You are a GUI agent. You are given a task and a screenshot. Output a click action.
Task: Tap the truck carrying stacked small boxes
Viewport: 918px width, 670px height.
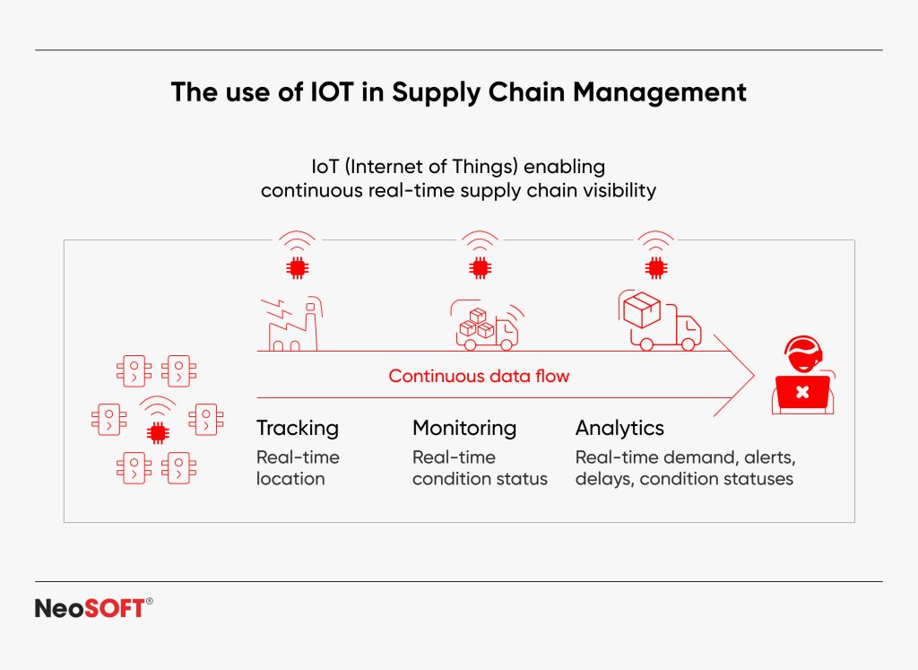pos(485,327)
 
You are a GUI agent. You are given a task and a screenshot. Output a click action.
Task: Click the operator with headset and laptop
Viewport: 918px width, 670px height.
pos(801,376)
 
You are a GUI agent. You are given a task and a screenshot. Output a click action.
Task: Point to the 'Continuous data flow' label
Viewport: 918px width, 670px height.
pos(478,376)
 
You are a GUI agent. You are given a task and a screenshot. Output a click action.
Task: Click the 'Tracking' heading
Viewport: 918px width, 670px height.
pos(298,428)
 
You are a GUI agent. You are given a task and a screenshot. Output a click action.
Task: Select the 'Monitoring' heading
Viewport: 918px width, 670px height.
pos(464,428)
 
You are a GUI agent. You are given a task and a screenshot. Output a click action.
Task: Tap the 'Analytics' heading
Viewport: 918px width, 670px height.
pos(619,428)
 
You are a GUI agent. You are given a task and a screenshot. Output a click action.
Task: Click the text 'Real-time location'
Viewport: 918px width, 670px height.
pos(298,467)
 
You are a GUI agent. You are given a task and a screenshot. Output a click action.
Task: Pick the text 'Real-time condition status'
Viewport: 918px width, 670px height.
pos(479,467)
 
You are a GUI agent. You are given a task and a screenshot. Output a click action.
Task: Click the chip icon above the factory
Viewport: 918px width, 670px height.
pos(295,266)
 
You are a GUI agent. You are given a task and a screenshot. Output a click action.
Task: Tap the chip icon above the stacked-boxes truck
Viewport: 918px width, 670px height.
pos(480,266)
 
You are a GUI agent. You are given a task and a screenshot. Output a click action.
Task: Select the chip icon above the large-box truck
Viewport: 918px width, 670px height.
pos(655,266)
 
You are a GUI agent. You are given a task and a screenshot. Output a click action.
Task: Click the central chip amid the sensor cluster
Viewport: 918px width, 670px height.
pos(158,433)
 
